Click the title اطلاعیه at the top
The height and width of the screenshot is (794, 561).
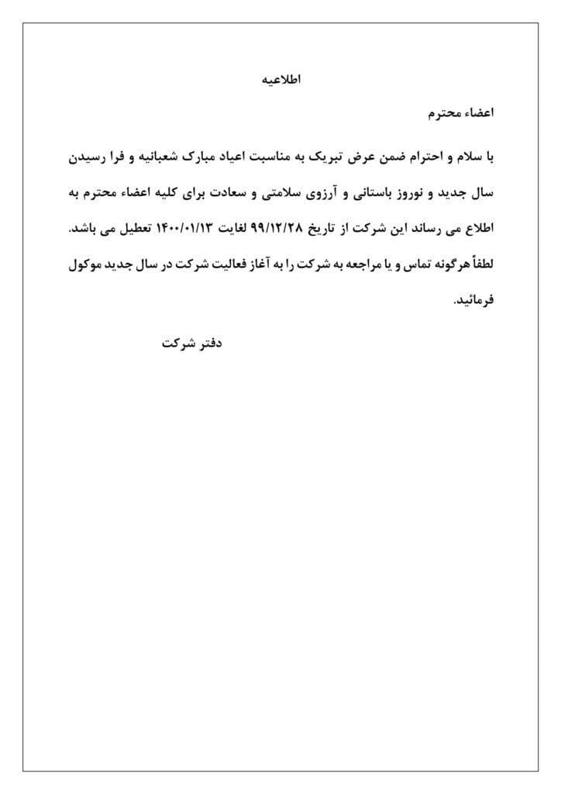click(280, 79)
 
